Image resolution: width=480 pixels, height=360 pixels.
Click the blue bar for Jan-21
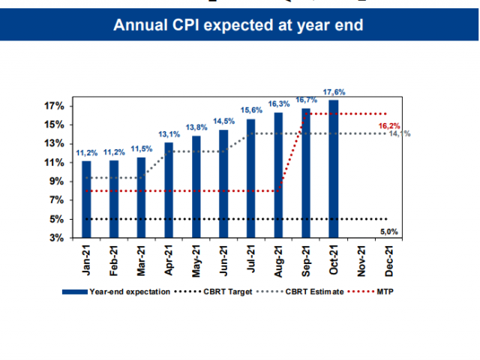(x=86, y=199)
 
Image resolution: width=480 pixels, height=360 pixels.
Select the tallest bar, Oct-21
(x=332, y=169)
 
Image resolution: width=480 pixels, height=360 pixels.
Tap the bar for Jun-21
(x=223, y=184)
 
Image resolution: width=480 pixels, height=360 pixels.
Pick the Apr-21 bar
(x=169, y=190)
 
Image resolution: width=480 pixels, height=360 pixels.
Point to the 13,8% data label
(x=196, y=128)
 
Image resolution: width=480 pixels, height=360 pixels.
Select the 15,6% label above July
(x=250, y=111)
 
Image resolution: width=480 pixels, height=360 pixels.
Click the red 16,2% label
(x=388, y=126)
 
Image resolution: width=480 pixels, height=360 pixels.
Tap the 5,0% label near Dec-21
(x=388, y=232)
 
